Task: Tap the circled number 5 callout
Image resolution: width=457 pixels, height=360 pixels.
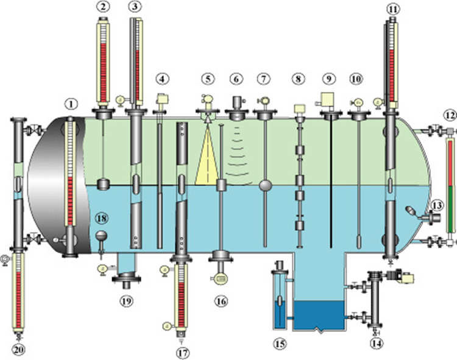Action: (x=208, y=79)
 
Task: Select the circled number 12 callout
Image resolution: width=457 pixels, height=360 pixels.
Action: (x=450, y=116)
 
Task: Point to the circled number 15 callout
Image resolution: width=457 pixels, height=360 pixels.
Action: (x=280, y=344)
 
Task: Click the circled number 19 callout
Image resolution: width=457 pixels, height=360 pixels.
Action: (x=127, y=301)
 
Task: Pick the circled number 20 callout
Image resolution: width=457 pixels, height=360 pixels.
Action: (x=18, y=350)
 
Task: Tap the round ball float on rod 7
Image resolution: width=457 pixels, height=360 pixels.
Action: (x=265, y=185)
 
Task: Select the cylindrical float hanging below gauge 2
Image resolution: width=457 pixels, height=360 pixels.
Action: (x=103, y=185)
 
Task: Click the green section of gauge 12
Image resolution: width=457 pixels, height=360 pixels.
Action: (x=450, y=209)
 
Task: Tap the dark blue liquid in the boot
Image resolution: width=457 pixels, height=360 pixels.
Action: (x=319, y=316)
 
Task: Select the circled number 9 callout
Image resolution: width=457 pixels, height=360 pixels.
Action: (x=329, y=79)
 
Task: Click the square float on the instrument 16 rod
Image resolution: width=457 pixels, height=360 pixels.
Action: (x=222, y=185)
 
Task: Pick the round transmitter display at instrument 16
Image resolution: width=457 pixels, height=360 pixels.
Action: (x=221, y=278)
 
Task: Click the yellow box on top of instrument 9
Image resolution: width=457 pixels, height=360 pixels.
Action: (x=327, y=100)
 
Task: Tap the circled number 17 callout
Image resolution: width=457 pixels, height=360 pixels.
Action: (x=183, y=353)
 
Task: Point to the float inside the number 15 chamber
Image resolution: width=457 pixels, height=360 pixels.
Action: (x=280, y=300)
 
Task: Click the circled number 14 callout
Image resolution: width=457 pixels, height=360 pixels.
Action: (x=377, y=344)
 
